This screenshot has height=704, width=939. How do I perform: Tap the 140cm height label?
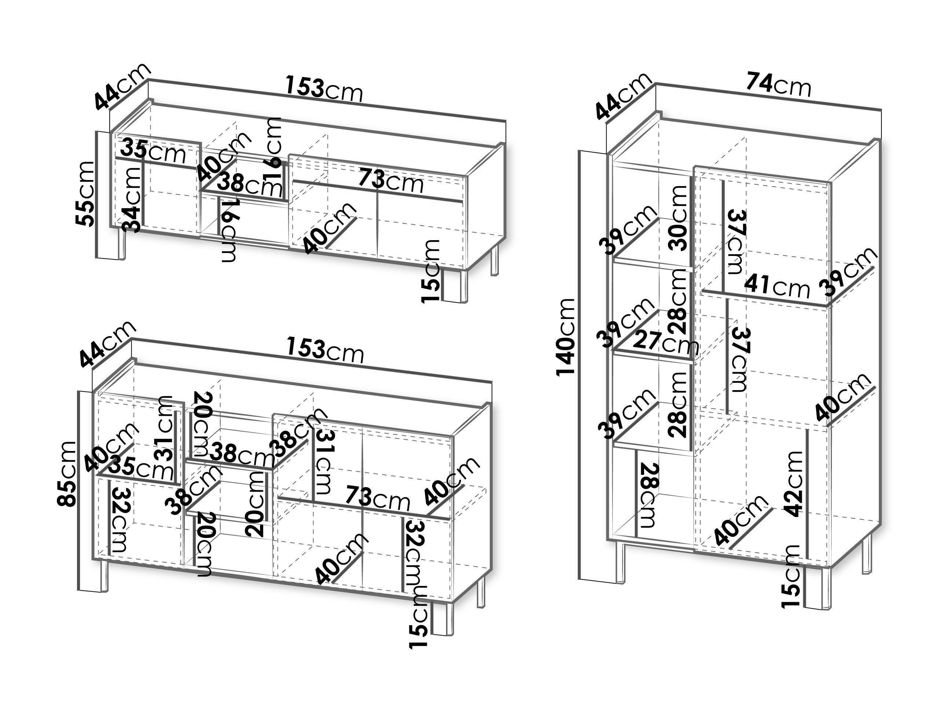pyautogui.click(x=566, y=337)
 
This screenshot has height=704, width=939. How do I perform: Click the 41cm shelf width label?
pyautogui.click(x=777, y=286)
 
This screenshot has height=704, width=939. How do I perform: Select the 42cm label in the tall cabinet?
pyautogui.click(x=793, y=484)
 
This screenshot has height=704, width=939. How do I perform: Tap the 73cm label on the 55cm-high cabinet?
pyautogui.click(x=391, y=181)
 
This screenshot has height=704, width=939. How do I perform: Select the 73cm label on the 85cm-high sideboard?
pyautogui.click(x=377, y=498)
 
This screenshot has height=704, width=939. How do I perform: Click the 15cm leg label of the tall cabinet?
pyautogui.click(x=791, y=577)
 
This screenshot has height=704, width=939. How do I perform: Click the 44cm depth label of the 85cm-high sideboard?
pyautogui.click(x=108, y=344)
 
